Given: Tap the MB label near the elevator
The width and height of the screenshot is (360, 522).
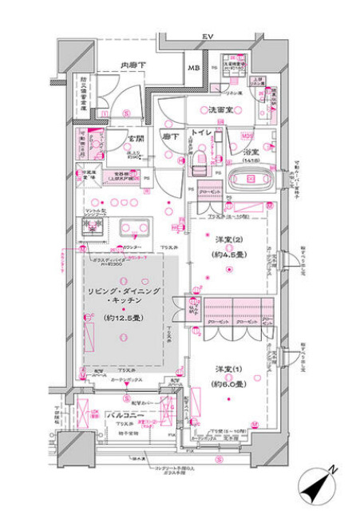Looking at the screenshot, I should click(194, 68).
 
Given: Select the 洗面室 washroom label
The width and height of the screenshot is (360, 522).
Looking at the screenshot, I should click(221, 109).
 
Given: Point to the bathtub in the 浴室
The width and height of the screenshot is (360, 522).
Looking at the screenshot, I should click(249, 180).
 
